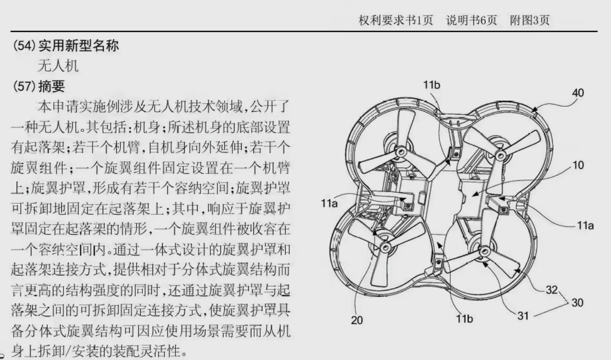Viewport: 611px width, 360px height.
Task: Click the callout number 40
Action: (578, 93)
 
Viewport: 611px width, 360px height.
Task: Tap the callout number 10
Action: (578, 165)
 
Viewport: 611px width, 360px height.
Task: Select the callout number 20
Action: (357, 320)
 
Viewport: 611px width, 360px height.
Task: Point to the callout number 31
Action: (523, 316)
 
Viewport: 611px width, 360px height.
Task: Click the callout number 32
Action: (551, 290)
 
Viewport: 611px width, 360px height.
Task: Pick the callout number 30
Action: (577, 303)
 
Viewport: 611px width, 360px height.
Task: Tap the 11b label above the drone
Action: (432, 85)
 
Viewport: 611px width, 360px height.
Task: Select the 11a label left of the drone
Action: (329, 203)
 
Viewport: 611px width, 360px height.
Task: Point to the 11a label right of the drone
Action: (585, 226)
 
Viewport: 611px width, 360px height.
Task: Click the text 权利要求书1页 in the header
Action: (395, 20)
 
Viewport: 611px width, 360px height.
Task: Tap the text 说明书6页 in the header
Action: (471, 20)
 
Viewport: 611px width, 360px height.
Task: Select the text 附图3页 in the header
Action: (530, 20)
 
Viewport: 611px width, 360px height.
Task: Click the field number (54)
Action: (24, 45)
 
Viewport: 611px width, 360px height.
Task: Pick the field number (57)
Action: (24, 86)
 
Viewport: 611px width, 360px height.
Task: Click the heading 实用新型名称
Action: (78, 45)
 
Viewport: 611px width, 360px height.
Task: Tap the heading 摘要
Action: (52, 86)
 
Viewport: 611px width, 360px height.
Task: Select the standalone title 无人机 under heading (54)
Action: (58, 66)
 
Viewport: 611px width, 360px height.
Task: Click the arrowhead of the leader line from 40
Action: (534, 110)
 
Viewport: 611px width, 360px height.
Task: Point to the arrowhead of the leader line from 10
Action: (475, 194)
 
